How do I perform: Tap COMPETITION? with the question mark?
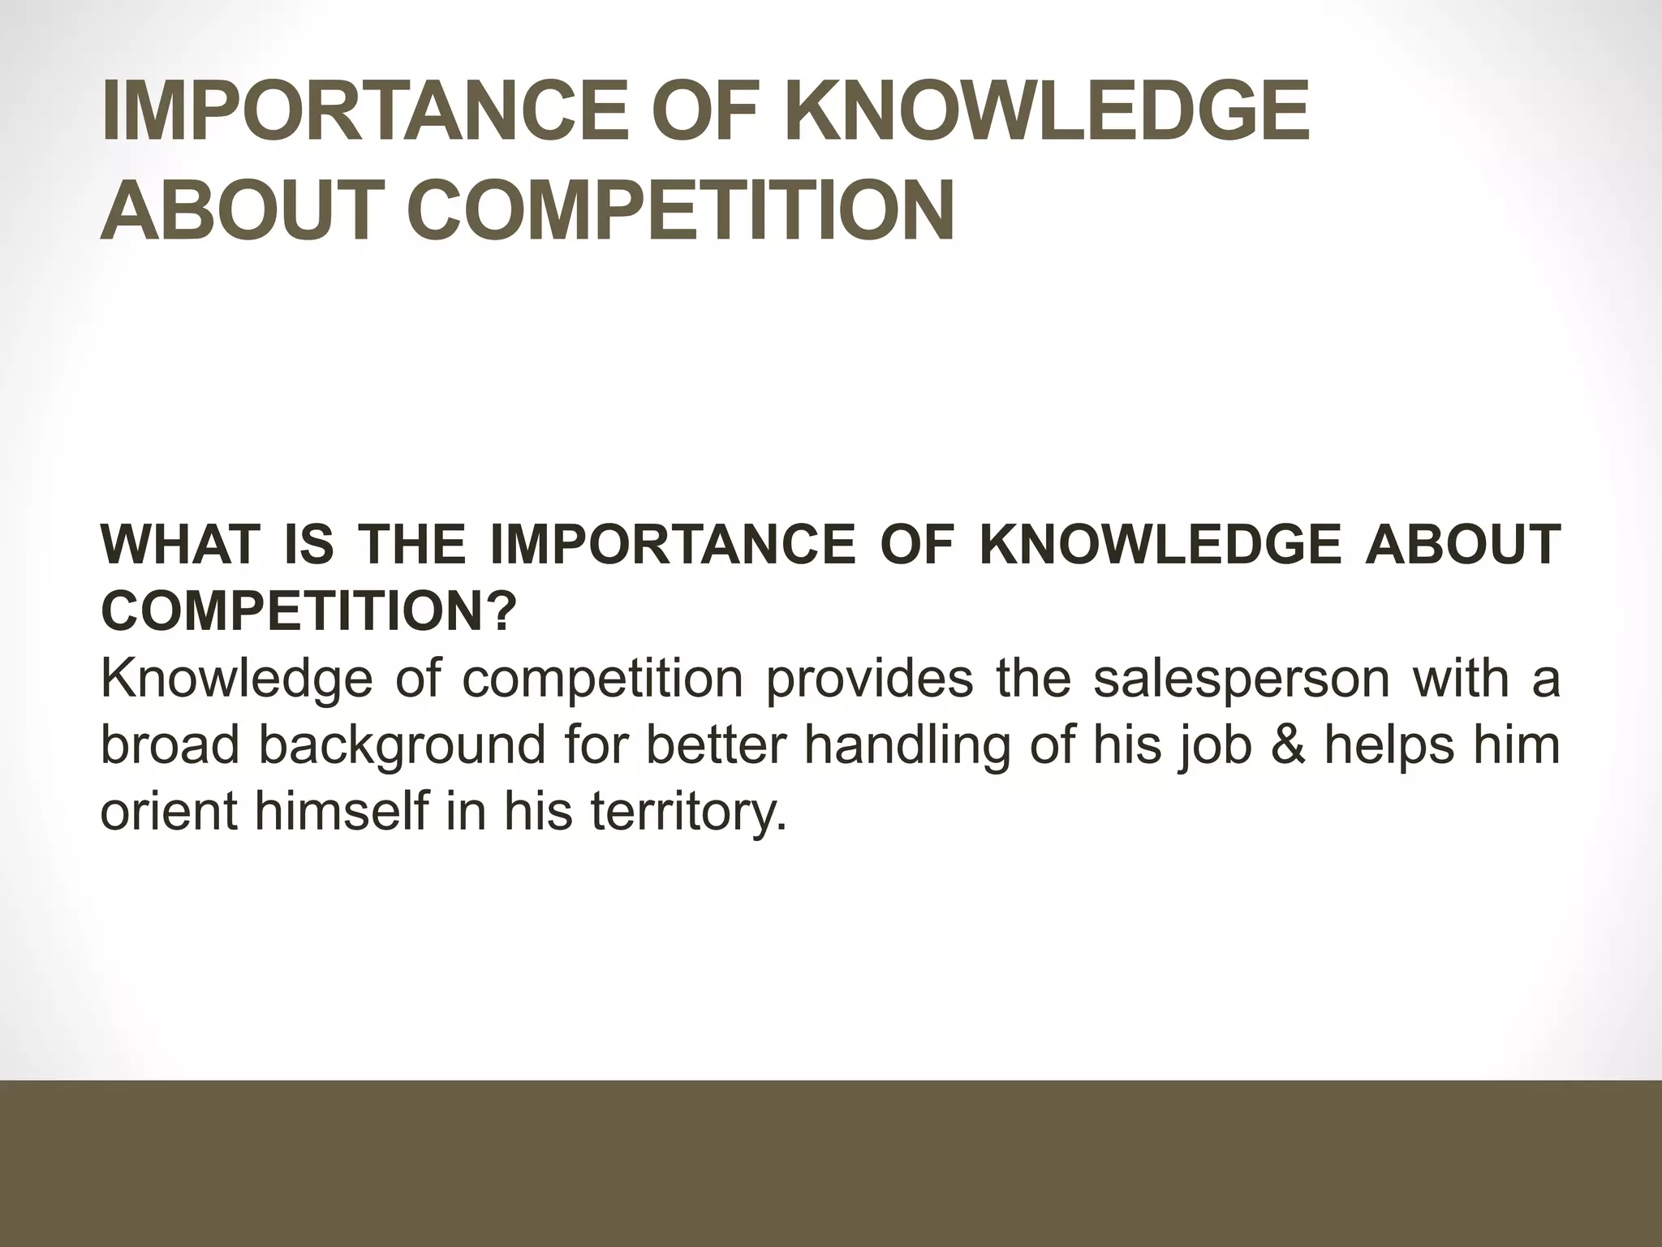pyautogui.click(x=308, y=611)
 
